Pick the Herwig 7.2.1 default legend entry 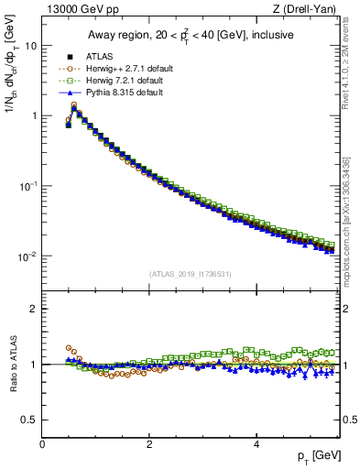click(x=123, y=81)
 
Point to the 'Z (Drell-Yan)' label click(x=309, y=10)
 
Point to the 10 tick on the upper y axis click(x=31, y=45)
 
